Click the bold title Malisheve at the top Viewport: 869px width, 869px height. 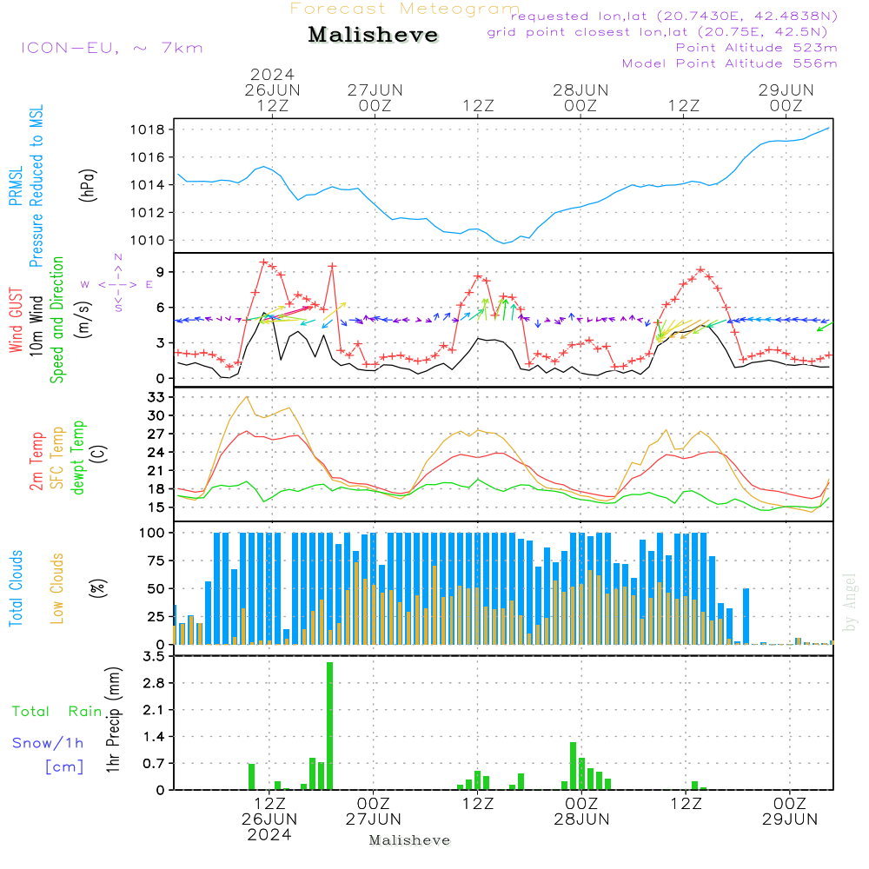[x=374, y=36]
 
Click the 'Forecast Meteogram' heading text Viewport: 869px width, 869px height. [x=405, y=9]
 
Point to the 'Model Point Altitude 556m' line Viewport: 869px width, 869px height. [x=730, y=63]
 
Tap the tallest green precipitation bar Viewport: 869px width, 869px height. [x=330, y=726]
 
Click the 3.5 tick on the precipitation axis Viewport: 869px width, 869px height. [x=155, y=656]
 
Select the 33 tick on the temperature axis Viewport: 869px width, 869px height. [x=158, y=397]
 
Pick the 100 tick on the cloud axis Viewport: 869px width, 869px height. [x=155, y=532]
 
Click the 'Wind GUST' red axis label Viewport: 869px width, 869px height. [x=16, y=322]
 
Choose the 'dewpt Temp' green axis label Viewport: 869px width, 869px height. [x=79, y=458]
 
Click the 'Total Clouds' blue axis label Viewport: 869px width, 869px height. [x=16, y=588]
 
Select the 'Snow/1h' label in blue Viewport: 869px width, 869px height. [x=48, y=743]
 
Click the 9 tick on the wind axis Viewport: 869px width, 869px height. [x=160, y=272]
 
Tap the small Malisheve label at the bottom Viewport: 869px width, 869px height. [x=409, y=840]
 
